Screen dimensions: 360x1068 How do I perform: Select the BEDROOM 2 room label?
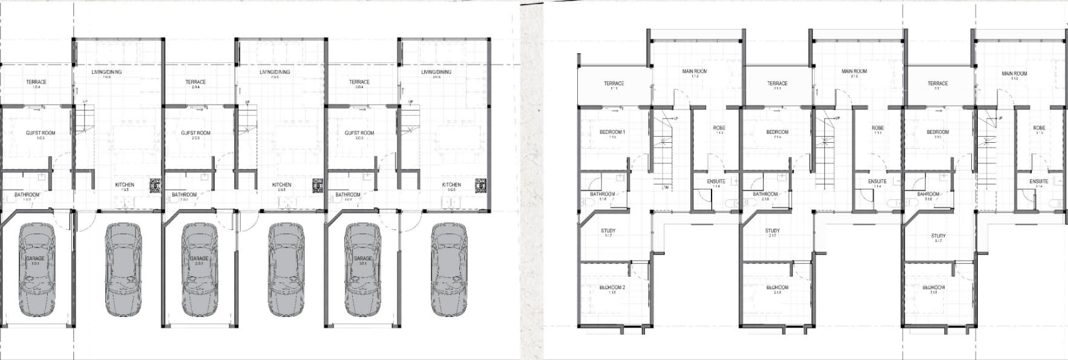point(612,288)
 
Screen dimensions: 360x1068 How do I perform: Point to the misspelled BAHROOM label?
point(928,195)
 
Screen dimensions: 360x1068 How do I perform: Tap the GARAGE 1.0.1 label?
point(35,259)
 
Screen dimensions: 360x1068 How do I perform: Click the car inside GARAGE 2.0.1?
point(199,270)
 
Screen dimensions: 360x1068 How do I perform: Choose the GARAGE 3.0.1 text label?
point(362,259)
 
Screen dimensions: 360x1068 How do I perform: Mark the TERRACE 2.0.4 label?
point(195,82)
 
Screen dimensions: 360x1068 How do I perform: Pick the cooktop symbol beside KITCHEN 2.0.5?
point(318,186)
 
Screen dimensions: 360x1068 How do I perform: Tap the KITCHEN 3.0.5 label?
point(451,185)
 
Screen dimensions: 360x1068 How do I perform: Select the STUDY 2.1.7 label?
point(772,231)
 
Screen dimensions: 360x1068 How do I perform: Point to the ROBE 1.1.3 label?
point(719,128)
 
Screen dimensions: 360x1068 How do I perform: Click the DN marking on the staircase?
point(666,187)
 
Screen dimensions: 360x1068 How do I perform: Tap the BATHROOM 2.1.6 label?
point(765,195)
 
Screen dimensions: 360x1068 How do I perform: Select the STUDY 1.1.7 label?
point(608,231)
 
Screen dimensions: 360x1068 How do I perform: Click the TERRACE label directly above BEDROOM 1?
point(614,84)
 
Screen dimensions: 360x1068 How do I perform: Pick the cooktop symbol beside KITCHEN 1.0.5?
point(156,186)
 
